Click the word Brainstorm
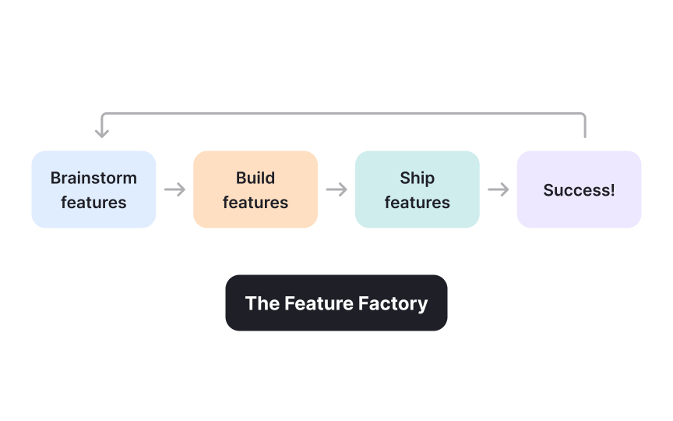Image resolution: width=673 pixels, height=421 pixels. tap(93, 178)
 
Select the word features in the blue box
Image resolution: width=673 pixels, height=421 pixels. tap(93, 203)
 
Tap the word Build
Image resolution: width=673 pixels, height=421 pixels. tap(255, 178)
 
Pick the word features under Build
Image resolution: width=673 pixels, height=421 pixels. tap(255, 203)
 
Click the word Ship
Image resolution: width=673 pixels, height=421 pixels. tap(418, 178)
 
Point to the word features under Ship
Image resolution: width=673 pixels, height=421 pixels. tap(418, 203)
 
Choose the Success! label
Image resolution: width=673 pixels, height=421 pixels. tap(579, 190)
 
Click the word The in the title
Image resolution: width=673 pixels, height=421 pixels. tap(262, 303)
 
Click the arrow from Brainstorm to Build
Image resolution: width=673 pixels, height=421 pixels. tap(174, 189)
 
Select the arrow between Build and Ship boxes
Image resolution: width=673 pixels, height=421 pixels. tap(336, 189)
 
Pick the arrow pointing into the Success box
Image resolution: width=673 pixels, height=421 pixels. tap(499, 189)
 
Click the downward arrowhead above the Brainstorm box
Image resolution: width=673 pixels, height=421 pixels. tap(101, 133)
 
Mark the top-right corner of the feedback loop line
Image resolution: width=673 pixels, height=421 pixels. tap(583, 115)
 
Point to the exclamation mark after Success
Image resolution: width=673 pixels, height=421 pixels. tap(612, 190)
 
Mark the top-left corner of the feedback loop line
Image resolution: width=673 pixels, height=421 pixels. tap(103, 115)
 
